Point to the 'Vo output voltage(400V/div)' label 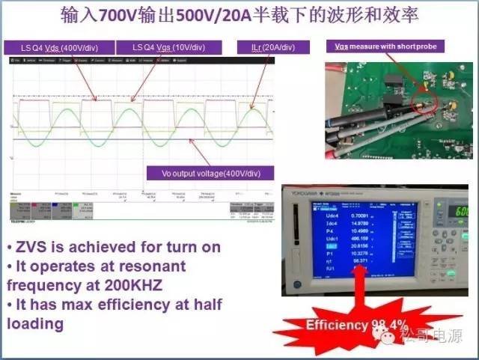[211, 174]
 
